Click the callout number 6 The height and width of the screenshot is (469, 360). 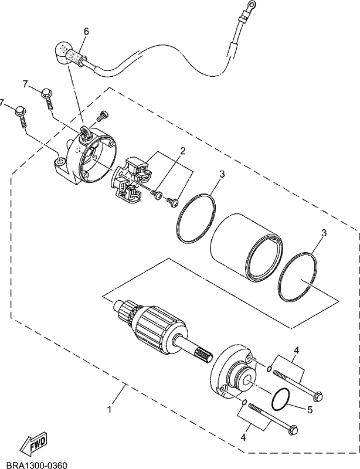pos(86,31)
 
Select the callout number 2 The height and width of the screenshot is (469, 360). pos(182,151)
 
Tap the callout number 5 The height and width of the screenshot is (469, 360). pos(309,409)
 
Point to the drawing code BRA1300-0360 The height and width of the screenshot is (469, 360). pos(33,464)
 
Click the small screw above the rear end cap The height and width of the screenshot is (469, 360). pos(103,115)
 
